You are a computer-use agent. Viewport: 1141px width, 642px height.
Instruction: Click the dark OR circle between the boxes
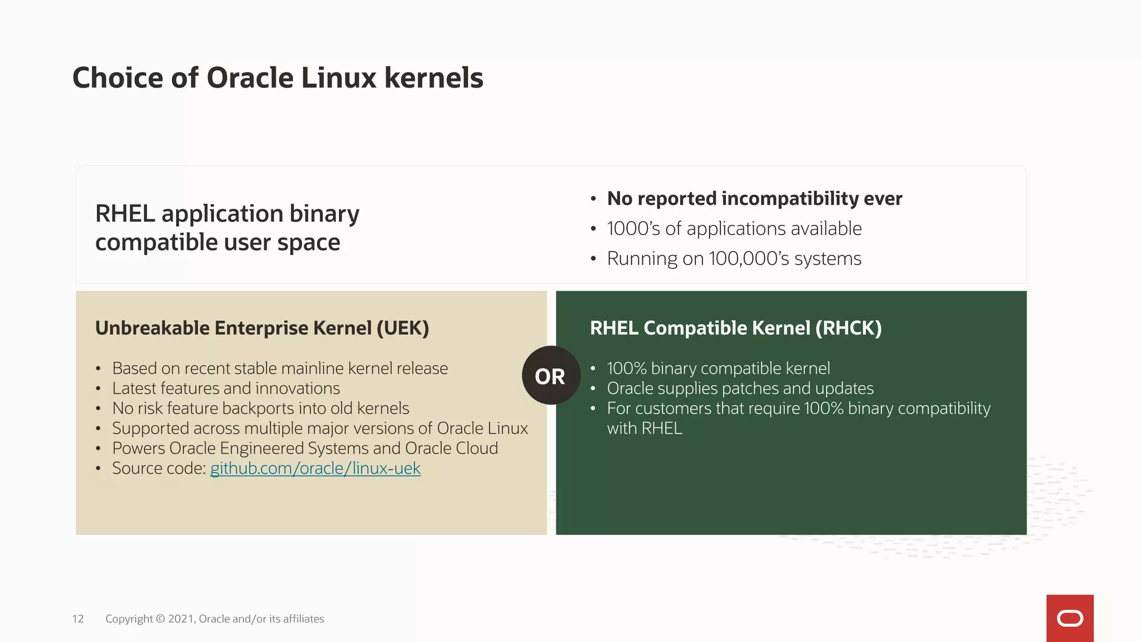pyautogui.click(x=550, y=376)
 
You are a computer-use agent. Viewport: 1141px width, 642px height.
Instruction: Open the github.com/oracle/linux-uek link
pyautogui.click(x=315, y=468)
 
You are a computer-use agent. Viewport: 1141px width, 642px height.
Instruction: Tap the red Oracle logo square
pyautogui.click(x=1070, y=618)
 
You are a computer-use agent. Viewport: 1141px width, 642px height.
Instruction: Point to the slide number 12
pyautogui.click(x=78, y=619)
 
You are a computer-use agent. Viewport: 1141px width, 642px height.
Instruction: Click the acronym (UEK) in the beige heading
pyautogui.click(x=403, y=328)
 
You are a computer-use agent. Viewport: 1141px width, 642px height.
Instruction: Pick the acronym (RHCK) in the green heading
pyautogui.click(x=849, y=328)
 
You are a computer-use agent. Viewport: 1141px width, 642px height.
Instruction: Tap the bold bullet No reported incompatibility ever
pyautogui.click(x=754, y=198)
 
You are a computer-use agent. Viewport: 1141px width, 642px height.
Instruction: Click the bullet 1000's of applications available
pyautogui.click(x=734, y=228)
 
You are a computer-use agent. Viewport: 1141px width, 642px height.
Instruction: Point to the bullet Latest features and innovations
pyautogui.click(x=226, y=388)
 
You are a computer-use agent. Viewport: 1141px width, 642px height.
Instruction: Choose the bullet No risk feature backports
pyautogui.click(x=260, y=408)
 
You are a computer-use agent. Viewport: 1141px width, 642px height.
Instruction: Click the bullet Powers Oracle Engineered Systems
pyautogui.click(x=305, y=448)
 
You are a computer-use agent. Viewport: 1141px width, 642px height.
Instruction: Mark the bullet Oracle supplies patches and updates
pyautogui.click(x=740, y=388)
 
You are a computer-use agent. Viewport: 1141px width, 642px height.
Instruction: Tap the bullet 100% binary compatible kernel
pyautogui.click(x=718, y=368)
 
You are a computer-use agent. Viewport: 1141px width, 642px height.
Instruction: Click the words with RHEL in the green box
pyautogui.click(x=645, y=428)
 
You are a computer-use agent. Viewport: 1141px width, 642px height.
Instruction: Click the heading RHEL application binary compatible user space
pyautogui.click(x=227, y=227)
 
